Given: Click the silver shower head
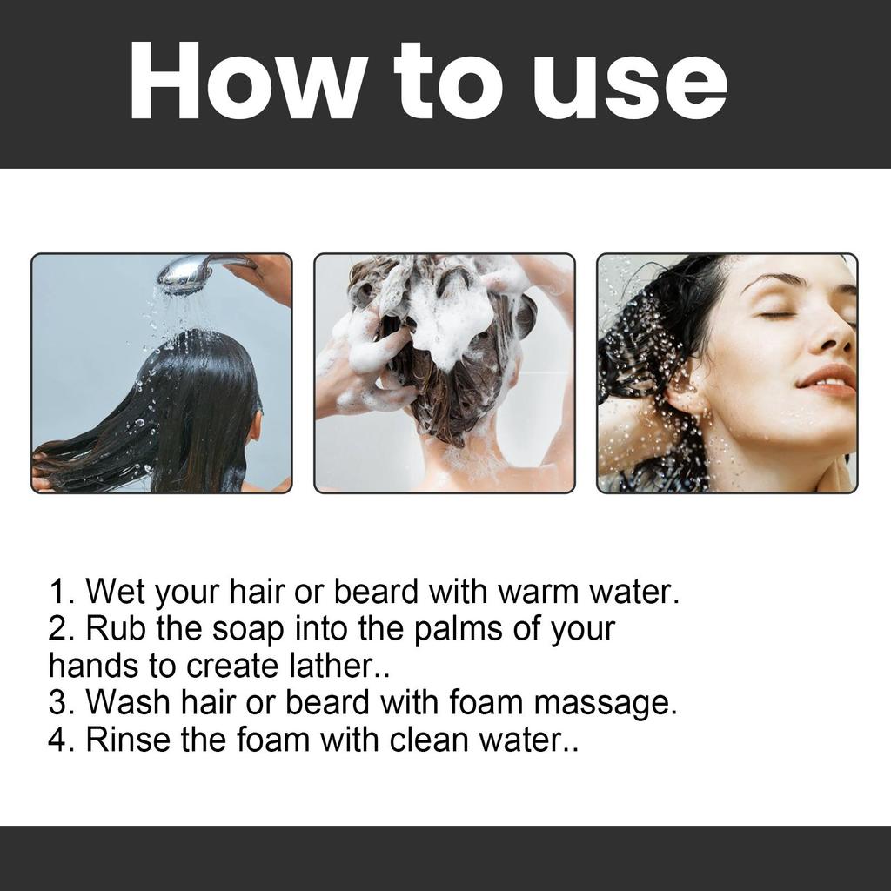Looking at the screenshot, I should point(184,274).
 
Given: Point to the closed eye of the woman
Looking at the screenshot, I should point(777,314).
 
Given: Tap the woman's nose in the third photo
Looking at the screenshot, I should point(836,335).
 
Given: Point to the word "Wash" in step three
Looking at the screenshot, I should point(127,702).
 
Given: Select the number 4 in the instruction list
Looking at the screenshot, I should point(59,740).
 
